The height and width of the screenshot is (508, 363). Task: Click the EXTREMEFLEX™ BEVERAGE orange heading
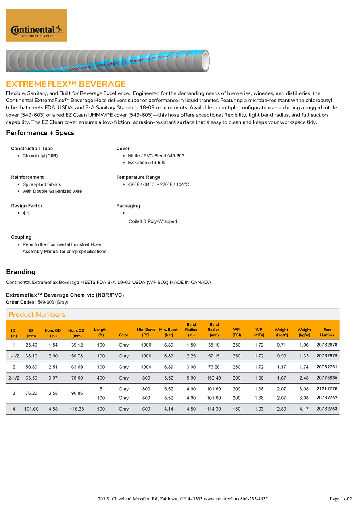click(66, 84)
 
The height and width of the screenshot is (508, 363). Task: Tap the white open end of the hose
click(205, 60)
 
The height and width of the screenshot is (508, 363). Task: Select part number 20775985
click(327, 378)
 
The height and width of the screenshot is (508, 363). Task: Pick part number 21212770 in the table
click(327, 389)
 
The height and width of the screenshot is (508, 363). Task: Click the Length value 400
click(101, 378)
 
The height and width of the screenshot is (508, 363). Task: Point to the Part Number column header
click(327, 332)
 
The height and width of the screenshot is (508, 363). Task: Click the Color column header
click(124, 335)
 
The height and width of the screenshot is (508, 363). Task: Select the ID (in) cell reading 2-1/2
click(14, 378)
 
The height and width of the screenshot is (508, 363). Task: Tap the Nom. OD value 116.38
click(77, 409)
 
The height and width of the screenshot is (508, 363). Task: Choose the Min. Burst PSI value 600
click(146, 409)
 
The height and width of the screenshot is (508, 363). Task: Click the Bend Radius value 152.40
click(214, 378)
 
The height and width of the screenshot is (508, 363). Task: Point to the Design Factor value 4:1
click(26, 213)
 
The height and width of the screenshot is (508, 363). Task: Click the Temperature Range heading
click(138, 177)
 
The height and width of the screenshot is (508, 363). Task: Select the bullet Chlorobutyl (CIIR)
click(40, 156)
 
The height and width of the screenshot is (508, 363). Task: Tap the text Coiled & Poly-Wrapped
click(153, 221)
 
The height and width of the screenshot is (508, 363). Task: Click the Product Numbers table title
click(37, 314)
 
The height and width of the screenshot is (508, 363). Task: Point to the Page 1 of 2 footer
click(340, 499)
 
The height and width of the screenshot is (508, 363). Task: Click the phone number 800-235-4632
click(254, 499)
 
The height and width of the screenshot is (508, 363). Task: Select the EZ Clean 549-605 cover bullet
click(146, 163)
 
